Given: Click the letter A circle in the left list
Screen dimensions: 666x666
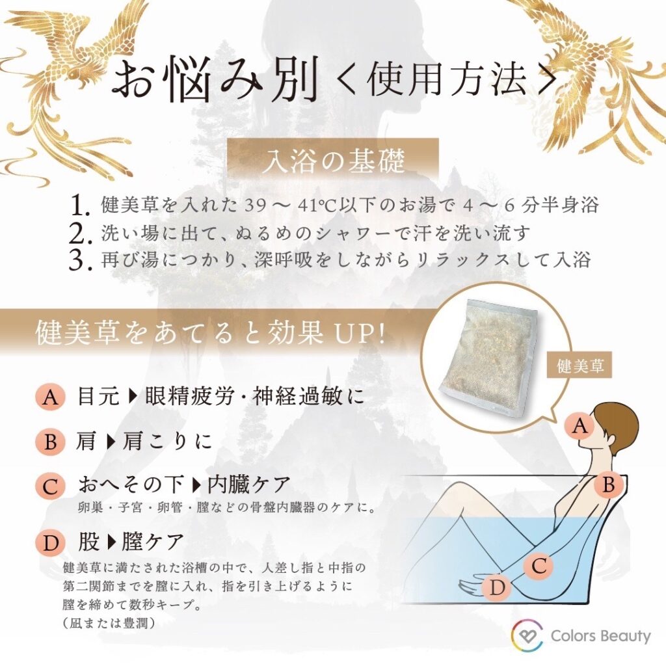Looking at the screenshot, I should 50,397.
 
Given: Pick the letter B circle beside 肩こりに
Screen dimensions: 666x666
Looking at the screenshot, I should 50,442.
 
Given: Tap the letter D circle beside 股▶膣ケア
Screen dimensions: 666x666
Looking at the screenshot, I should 50,541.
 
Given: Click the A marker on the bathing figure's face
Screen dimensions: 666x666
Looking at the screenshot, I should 579,427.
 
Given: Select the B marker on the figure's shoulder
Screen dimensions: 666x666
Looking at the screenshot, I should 608,485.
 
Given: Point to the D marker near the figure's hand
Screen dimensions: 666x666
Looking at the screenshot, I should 498,588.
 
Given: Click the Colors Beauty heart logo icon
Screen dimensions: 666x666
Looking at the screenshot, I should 527,635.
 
